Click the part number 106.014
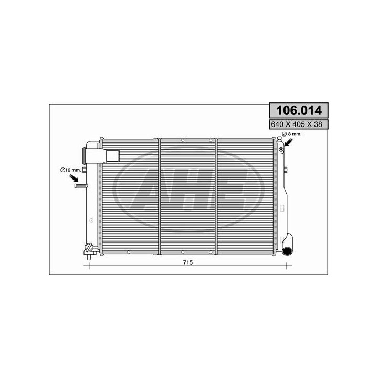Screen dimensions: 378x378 click(299, 110)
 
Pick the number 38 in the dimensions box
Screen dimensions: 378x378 click(318, 124)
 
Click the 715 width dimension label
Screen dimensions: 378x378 click(188, 262)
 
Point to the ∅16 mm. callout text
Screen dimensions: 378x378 click(71, 170)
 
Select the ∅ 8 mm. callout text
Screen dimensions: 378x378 click(292, 134)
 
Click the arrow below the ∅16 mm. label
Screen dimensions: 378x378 click(74, 178)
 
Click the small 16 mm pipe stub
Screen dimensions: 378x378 click(81, 186)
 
